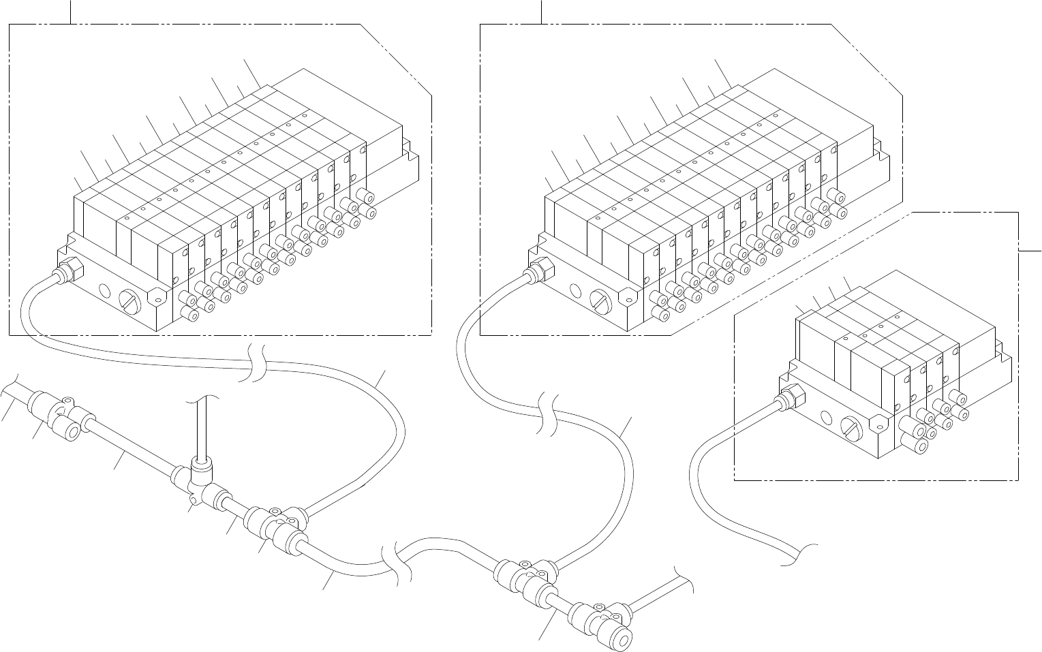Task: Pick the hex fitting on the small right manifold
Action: (x=792, y=395)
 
